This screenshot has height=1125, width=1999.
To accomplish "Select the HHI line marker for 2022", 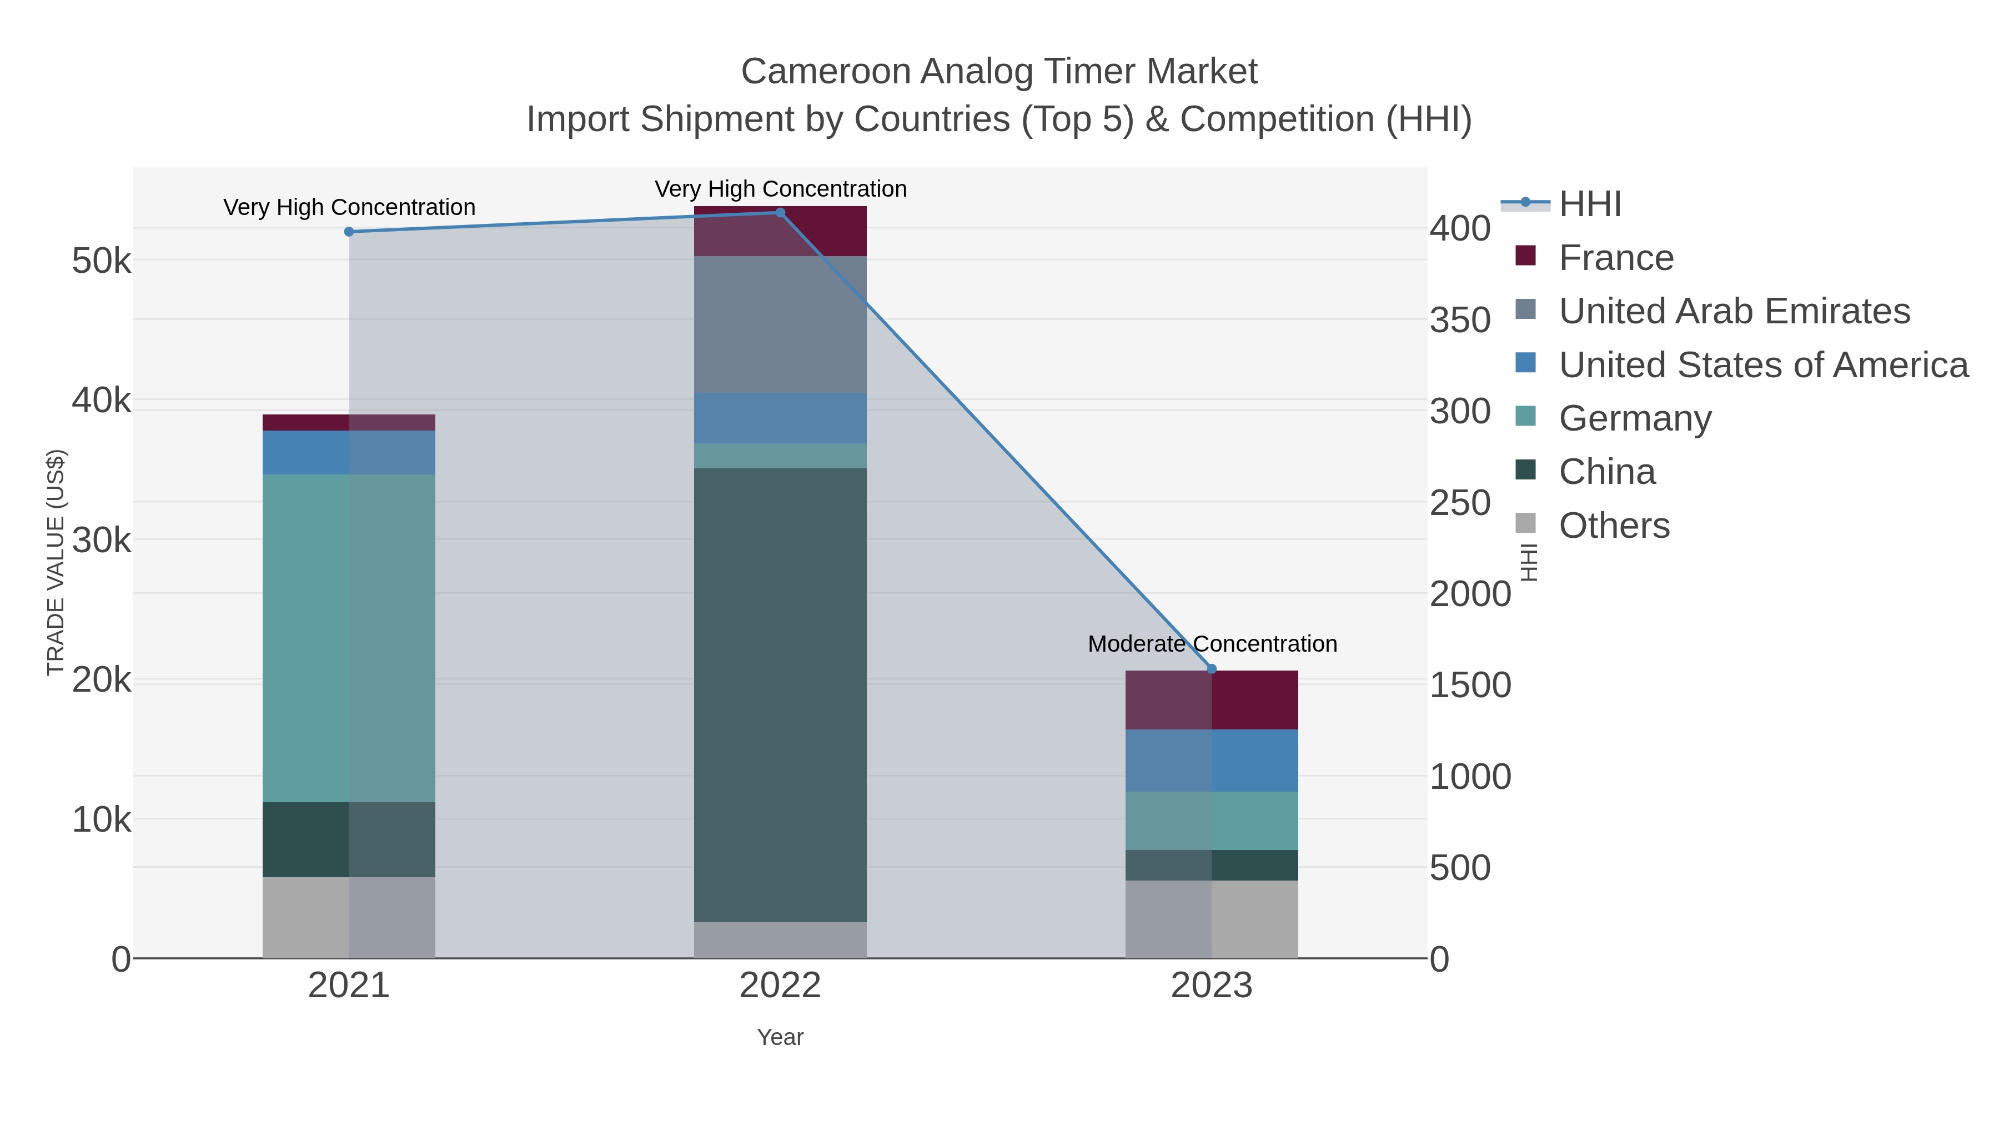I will [780, 213].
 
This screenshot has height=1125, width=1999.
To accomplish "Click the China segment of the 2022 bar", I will [780, 695].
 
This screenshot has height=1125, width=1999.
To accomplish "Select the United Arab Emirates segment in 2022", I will [780, 324].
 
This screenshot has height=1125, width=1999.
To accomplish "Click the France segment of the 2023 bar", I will [1212, 699].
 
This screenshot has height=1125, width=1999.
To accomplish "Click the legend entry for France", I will [1616, 258].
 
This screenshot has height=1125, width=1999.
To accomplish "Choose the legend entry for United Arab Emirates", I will [1734, 311].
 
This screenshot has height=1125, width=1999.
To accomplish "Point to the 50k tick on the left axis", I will [102, 261].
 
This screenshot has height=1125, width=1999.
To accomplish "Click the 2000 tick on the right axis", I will [1470, 594].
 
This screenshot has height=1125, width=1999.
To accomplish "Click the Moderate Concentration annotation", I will [1212, 644].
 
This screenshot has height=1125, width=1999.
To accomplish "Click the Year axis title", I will [780, 1037].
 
